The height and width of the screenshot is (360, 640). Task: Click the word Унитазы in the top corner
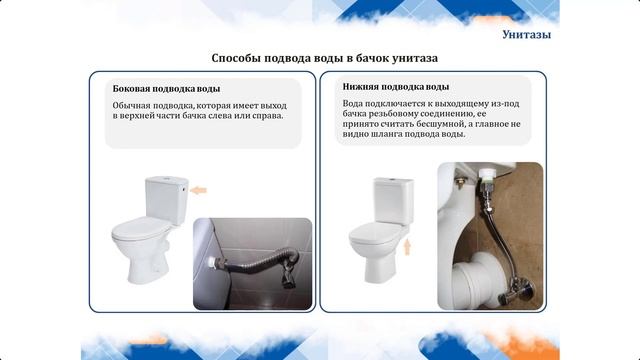tap(526, 36)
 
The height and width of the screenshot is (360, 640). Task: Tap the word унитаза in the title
tap(410, 59)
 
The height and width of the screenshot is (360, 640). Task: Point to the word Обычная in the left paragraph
tap(133, 104)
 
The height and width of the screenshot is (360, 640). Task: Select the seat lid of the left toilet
tap(139, 231)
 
